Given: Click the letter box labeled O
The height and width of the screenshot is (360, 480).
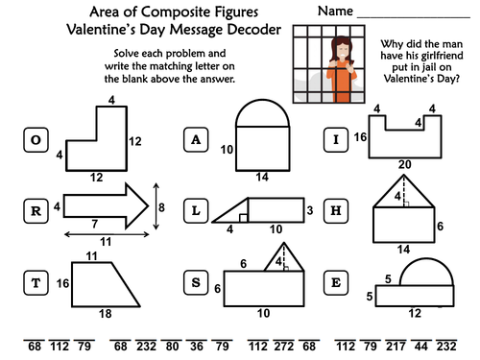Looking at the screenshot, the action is coord(36,140).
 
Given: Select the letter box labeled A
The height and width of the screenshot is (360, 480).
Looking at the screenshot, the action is coord(196,140).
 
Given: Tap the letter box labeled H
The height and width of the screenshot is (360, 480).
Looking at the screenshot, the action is coord(336,211).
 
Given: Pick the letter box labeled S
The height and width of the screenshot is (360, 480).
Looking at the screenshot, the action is coord(196,282).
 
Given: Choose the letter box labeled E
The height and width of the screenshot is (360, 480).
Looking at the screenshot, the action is coord(336,282).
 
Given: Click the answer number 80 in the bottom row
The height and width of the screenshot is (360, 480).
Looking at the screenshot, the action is coord(172,347).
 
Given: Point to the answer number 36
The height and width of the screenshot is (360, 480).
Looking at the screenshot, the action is coord(197,347).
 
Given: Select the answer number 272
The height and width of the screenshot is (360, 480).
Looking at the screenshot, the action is coord(283,347).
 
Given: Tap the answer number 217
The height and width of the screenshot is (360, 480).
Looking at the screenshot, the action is coord(396,347).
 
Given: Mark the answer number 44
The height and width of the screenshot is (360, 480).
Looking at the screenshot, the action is coord(420,347).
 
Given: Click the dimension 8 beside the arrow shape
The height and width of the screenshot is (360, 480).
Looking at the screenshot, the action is coord(161,207).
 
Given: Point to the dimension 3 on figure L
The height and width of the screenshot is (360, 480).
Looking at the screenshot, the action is coord(310,210).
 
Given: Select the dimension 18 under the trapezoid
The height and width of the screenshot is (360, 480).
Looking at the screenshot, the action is coord(106,314).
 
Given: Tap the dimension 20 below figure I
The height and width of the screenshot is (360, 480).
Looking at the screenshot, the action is coord(404,164).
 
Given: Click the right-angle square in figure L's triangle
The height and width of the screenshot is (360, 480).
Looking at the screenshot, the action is coord(243,218).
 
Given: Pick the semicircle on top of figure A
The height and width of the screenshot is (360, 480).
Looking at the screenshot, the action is coord(262,100).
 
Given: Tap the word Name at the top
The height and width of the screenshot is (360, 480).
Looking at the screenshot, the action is coord(335,12).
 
